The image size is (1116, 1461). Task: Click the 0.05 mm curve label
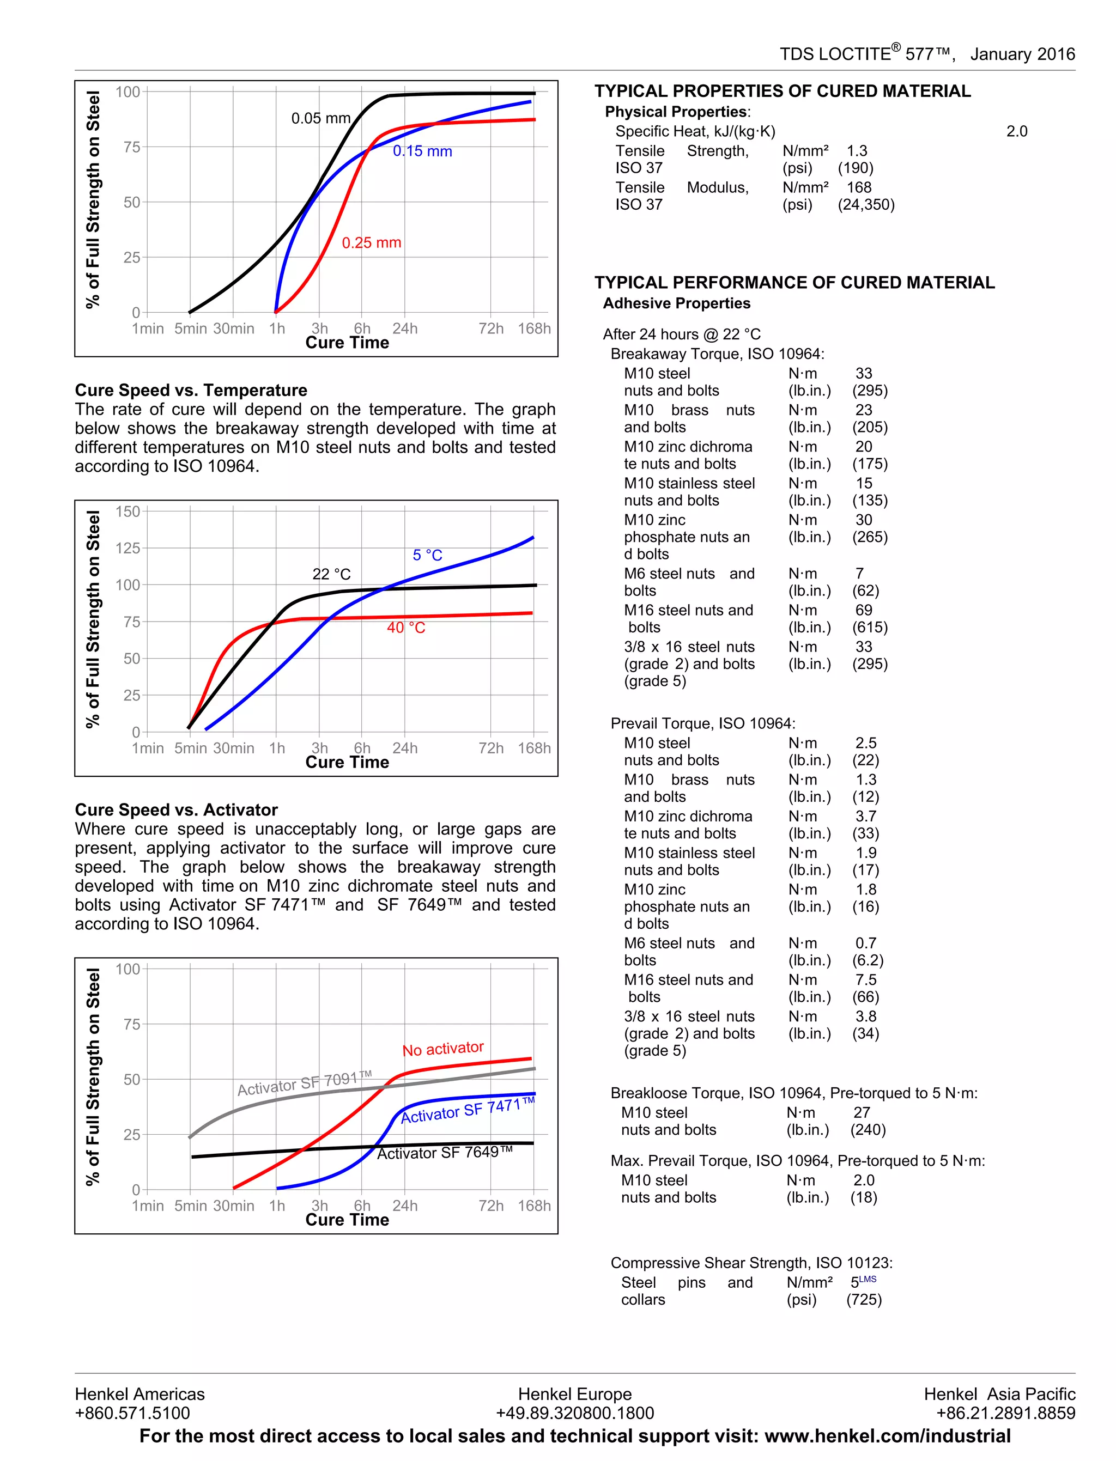(321, 118)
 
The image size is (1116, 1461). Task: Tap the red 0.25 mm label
(371, 242)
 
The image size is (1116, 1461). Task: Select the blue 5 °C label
(427, 555)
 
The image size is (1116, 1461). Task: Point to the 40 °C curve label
(406, 627)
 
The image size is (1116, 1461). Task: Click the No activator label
(443, 1049)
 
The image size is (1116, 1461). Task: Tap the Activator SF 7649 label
(445, 1152)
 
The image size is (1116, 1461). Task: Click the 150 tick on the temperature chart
(128, 512)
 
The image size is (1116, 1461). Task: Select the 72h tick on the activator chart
(491, 1206)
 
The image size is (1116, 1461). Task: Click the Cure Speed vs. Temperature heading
(191, 390)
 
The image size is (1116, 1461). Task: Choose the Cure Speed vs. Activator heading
(176, 809)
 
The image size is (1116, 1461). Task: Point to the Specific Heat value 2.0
(1016, 131)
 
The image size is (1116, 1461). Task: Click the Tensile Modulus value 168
(859, 187)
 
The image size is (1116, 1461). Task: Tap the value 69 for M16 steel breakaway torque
(864, 610)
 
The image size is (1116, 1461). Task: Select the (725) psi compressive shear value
(864, 1300)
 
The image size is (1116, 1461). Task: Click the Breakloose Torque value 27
(862, 1112)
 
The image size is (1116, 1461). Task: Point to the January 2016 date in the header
(1022, 54)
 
